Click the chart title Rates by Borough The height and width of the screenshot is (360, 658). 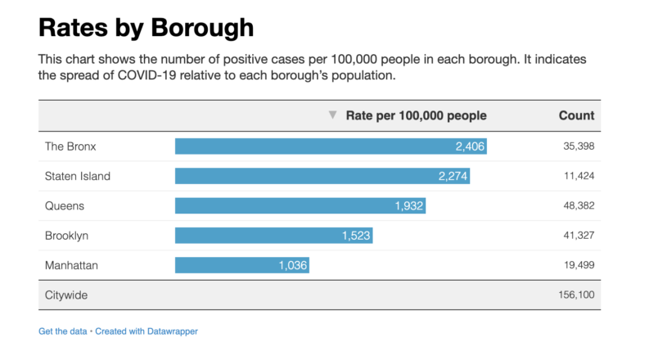click(x=146, y=29)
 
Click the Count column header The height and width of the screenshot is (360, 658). click(x=576, y=115)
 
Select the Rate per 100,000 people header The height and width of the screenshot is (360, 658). click(x=416, y=115)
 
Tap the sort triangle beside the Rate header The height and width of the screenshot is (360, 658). click(x=332, y=115)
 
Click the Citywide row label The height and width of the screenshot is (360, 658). click(x=66, y=295)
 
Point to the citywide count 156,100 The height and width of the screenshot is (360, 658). click(x=575, y=295)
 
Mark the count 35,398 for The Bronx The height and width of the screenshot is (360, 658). click(x=578, y=146)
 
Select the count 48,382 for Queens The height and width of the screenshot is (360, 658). click(x=578, y=205)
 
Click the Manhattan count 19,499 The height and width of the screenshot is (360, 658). click(x=578, y=265)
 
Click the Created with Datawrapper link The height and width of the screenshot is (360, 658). click(x=146, y=331)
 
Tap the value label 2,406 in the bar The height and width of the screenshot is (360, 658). click(x=470, y=146)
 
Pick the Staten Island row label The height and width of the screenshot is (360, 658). click(x=78, y=176)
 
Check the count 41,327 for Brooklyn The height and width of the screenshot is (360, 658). click(x=578, y=236)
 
